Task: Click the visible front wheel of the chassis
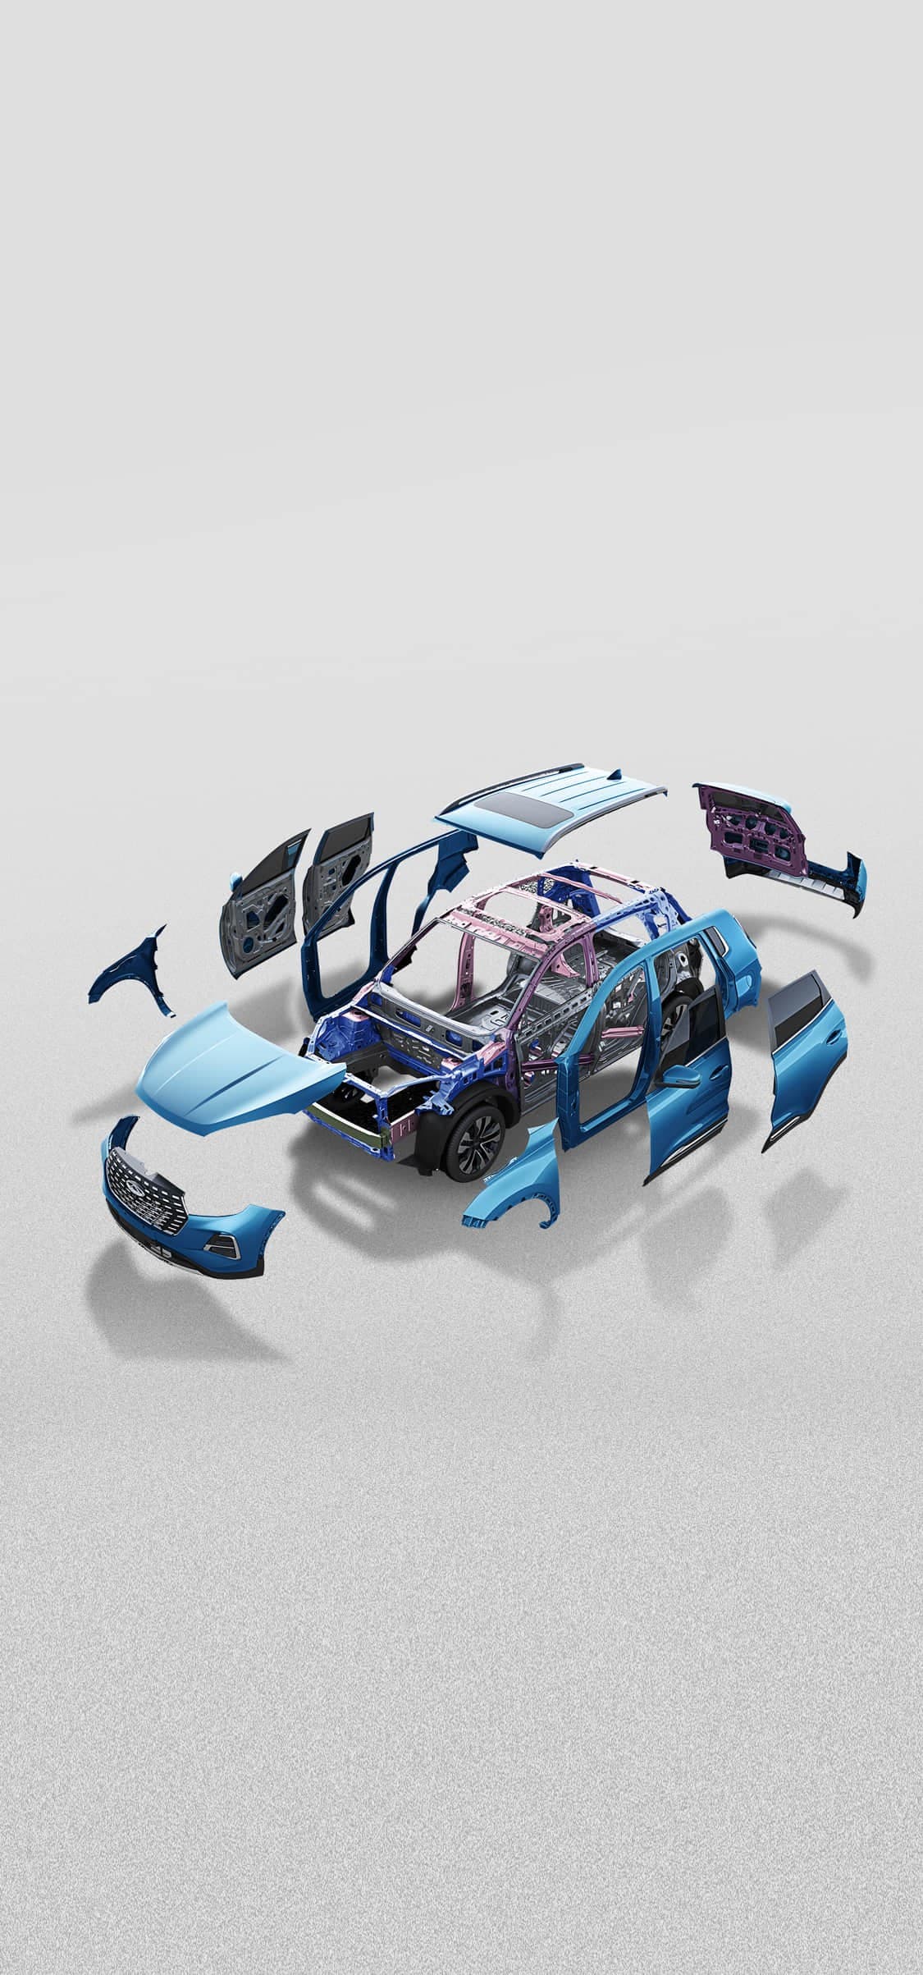click(474, 1137)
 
